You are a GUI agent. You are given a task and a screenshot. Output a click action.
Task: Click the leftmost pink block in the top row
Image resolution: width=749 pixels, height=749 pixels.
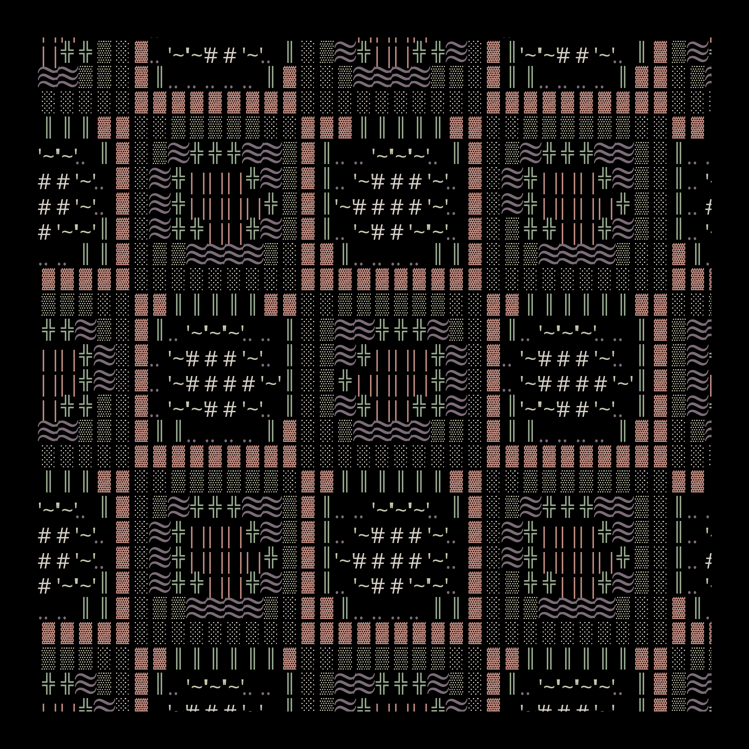pyautogui.click(x=142, y=52)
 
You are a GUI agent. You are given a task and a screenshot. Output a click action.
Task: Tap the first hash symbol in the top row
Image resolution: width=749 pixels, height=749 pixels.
pyautogui.click(x=211, y=56)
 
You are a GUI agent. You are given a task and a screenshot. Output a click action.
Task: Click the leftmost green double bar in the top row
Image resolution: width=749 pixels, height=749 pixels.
pyautogui.click(x=289, y=52)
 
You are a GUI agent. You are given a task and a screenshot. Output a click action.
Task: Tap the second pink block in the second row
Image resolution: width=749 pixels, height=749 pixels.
pyautogui.click(x=289, y=77)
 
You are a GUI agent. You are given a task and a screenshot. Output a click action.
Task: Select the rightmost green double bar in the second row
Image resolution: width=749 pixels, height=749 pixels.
pyautogui.click(x=624, y=77)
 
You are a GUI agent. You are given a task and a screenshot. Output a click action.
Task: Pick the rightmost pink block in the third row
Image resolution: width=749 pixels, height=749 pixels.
pyautogui.click(x=661, y=102)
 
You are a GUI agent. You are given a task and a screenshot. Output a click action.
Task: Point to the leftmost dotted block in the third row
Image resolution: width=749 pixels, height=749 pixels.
pyautogui.click(x=48, y=102)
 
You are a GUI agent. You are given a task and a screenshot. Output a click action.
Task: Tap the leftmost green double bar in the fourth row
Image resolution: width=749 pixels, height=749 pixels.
pyautogui.click(x=48, y=128)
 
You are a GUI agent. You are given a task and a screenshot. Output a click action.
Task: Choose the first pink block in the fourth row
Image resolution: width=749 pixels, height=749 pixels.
pyautogui.click(x=104, y=128)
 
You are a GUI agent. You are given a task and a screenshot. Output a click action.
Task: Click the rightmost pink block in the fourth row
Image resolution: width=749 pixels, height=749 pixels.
pyautogui.click(x=697, y=128)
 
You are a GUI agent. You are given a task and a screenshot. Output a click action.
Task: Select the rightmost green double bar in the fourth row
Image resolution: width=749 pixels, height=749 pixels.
pyautogui.click(x=438, y=128)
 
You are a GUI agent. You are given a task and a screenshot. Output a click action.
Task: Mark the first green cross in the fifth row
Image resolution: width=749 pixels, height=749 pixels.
pyautogui.click(x=197, y=153)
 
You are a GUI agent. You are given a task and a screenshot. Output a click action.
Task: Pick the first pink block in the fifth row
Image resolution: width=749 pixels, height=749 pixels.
pyautogui.click(x=122, y=153)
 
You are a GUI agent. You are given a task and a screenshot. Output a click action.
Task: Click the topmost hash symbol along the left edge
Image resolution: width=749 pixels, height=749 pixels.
pyautogui.click(x=44, y=182)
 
